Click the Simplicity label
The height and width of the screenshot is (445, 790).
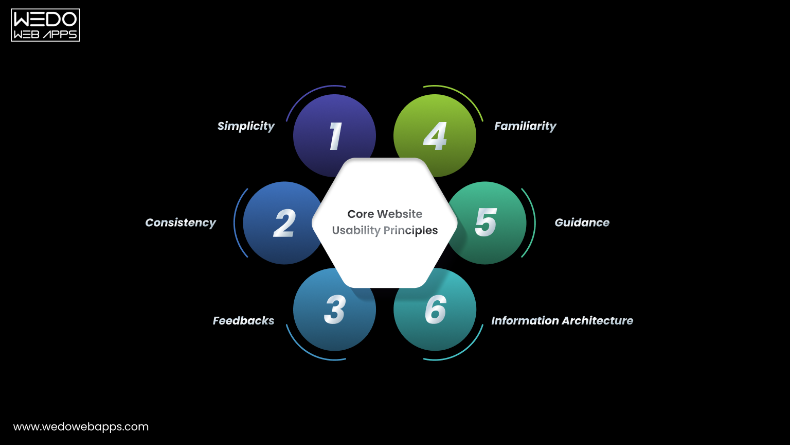246,126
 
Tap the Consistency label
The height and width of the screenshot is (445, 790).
181,222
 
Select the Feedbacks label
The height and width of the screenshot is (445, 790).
243,320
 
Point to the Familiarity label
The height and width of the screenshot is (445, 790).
525,126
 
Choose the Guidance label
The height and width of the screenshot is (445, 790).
582,222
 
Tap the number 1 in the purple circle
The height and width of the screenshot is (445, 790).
335,136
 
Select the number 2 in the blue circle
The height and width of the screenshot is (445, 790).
284,223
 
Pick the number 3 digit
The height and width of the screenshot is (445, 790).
334,310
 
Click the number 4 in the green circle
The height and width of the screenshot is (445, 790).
435,136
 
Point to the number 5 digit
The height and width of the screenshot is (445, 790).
486,222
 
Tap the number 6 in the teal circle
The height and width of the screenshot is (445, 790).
435,310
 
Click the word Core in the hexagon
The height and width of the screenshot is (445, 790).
360,214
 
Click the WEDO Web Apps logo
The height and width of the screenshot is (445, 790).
45,25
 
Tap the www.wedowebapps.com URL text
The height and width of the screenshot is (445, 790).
81,426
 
